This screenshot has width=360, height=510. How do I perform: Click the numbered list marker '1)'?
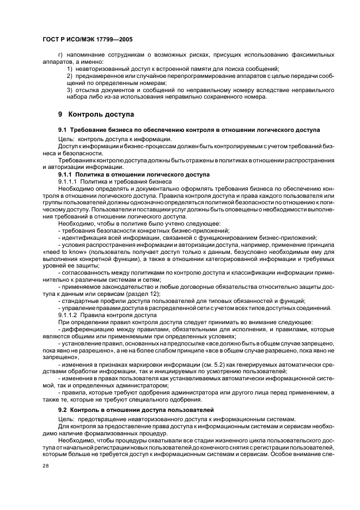pyautogui.click(x=70, y=69)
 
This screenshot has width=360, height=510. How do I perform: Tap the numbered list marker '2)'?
pyautogui.click(x=70, y=76)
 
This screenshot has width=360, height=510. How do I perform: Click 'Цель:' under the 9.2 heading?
pyautogui.click(x=66, y=418)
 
